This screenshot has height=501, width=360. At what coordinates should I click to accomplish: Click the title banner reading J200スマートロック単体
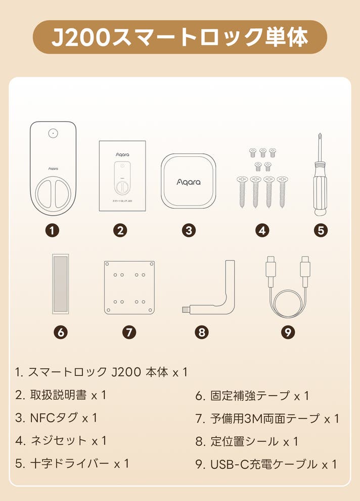180,37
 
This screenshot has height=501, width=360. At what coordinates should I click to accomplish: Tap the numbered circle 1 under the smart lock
53,230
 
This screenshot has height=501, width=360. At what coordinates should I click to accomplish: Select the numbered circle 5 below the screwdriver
321,230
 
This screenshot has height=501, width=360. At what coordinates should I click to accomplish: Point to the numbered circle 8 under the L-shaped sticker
202,332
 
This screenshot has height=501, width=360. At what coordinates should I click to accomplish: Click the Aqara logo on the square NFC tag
189,182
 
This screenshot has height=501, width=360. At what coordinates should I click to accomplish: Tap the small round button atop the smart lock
53,133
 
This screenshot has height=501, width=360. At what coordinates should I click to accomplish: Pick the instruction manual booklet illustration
122,176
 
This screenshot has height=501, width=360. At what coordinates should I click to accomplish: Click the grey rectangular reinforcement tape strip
61,284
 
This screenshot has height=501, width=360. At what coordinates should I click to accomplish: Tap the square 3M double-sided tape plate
129,287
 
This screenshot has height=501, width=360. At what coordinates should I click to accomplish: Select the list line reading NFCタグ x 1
56,418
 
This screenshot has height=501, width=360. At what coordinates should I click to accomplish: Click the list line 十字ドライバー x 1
72,463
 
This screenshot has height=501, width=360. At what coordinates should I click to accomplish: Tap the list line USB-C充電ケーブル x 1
266,464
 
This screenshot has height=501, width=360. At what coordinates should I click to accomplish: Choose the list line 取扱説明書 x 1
61,395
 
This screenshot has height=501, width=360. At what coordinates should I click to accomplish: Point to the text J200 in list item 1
126,372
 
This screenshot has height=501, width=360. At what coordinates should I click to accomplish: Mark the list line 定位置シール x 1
247,442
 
